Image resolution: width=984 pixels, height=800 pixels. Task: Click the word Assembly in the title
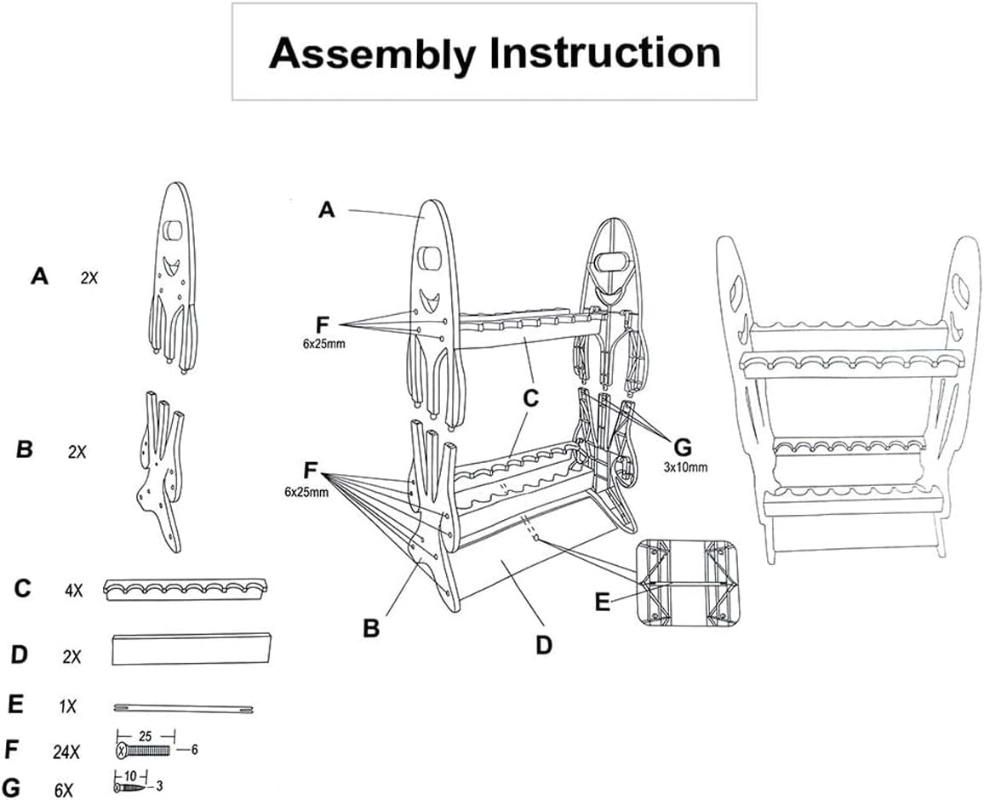(x=372, y=53)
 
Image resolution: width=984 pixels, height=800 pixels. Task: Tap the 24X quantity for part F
(x=66, y=751)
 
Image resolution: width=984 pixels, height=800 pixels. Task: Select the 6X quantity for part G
(x=64, y=791)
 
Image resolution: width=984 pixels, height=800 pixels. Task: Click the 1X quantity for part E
(x=67, y=706)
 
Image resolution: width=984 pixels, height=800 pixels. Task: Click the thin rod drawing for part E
(x=183, y=707)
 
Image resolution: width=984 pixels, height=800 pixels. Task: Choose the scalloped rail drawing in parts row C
(x=186, y=589)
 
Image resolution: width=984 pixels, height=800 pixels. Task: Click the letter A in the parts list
(x=39, y=276)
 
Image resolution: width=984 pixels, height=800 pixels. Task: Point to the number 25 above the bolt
(x=145, y=734)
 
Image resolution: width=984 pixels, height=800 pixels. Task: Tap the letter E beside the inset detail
(x=603, y=603)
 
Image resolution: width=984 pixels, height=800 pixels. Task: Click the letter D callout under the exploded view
(x=544, y=644)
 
